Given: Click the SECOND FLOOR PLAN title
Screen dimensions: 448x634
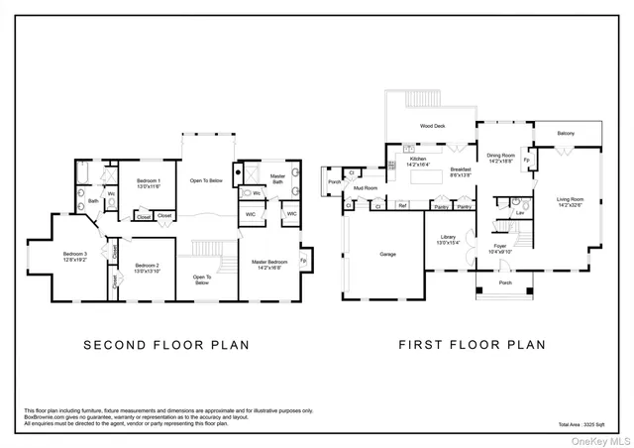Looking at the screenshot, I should click(165, 346).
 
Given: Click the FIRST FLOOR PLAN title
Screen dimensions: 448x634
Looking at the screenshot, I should click(472, 346).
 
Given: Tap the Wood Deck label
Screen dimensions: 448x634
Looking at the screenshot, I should click(432, 127).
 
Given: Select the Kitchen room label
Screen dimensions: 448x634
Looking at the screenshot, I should click(419, 162).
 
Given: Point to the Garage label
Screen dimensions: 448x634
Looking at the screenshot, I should click(387, 254).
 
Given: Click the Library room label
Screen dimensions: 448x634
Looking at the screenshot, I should click(448, 240).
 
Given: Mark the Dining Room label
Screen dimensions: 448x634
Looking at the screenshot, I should click(500, 158).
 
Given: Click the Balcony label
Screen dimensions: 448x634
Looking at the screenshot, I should click(565, 133).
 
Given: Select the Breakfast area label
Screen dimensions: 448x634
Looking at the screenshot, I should click(461, 172).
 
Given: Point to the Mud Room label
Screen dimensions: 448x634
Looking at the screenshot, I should click(366, 187).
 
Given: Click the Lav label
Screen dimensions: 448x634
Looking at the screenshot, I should click(519, 212).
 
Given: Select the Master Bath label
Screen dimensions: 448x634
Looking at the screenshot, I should click(277, 179).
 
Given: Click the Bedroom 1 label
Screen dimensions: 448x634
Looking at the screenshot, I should click(148, 182).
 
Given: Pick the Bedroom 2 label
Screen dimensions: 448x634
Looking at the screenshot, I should click(148, 267).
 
